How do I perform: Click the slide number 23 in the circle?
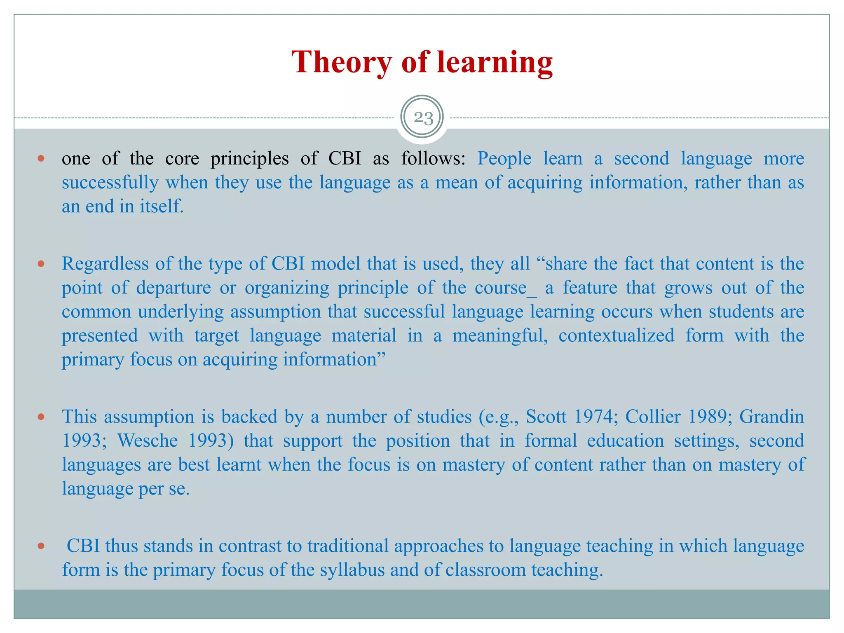(x=423, y=118)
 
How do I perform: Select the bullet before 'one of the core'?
(x=41, y=158)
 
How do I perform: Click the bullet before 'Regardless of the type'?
(x=41, y=264)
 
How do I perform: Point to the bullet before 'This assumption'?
(x=41, y=417)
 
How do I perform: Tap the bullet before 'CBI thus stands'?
(x=41, y=546)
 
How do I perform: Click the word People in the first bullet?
(x=504, y=159)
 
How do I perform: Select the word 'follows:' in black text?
(x=434, y=159)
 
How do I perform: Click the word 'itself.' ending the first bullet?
(x=162, y=206)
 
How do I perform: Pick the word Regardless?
(x=105, y=264)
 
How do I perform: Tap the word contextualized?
(x=616, y=335)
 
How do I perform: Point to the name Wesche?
(x=148, y=441)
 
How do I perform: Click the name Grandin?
(x=771, y=417)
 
